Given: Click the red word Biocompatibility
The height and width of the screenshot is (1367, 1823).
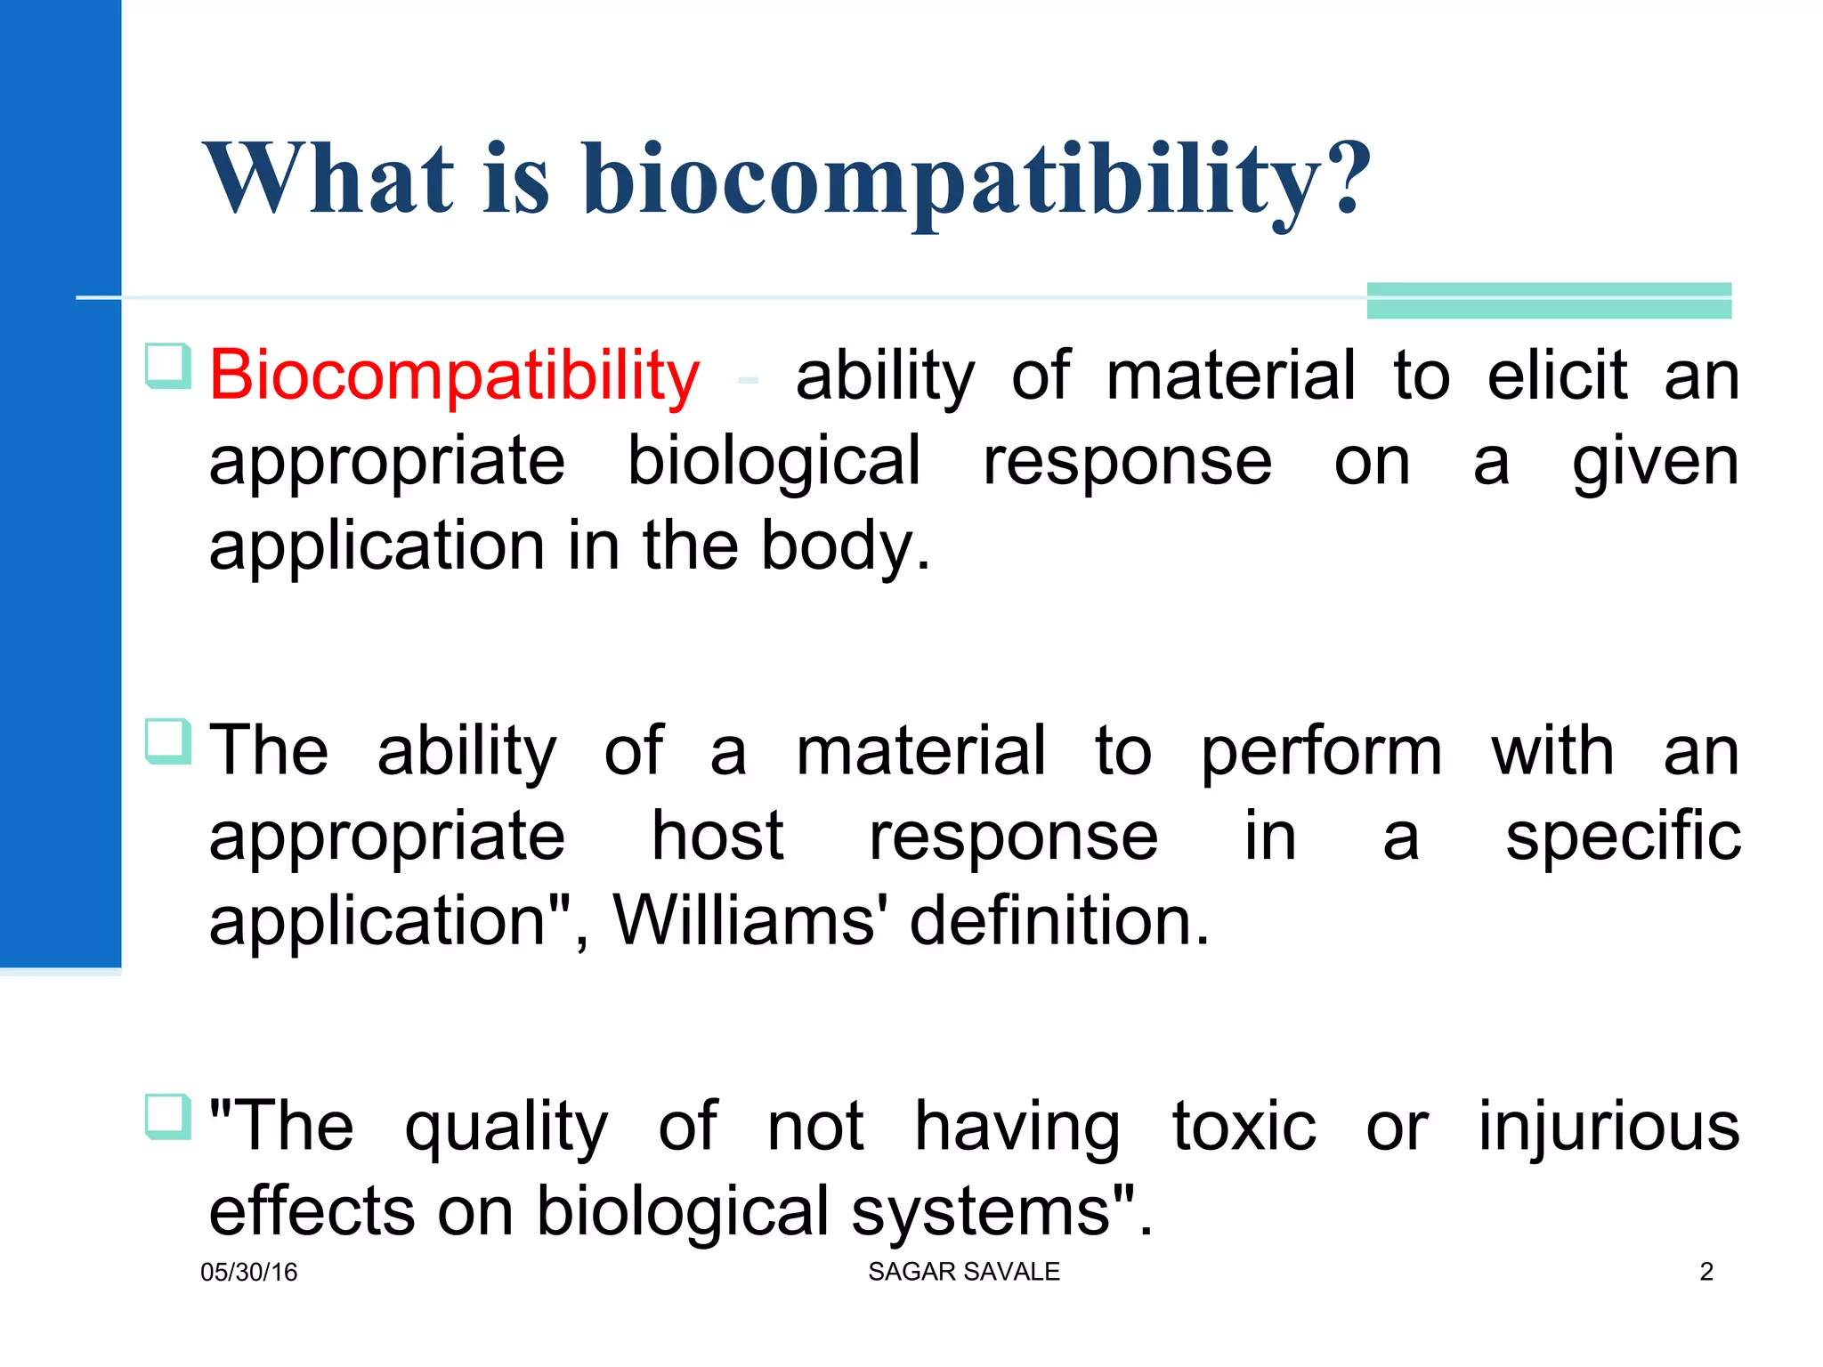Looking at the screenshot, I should click(454, 376).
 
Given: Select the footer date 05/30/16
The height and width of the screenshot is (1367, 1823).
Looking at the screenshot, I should click(248, 1272).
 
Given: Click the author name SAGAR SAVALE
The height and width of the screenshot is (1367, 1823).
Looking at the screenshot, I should click(963, 1271).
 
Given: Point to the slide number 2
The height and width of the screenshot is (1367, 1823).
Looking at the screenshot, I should click(1706, 1271).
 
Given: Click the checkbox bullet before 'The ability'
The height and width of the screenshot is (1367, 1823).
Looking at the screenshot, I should click(167, 741).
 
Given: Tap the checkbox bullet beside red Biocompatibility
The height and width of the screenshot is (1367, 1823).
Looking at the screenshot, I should click(167, 366).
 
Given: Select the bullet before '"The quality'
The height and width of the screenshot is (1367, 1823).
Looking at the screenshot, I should click(167, 1117).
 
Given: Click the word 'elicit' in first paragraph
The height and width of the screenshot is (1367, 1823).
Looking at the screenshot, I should click(1557, 376).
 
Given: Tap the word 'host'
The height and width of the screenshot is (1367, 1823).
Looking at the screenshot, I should click(717, 837).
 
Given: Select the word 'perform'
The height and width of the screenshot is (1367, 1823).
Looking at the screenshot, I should click(1321, 753).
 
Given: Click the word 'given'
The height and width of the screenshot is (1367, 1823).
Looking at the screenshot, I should click(1655, 463).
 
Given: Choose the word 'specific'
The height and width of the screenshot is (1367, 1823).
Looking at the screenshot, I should click(1623, 837).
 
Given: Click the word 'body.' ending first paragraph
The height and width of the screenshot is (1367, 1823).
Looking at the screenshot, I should click(845, 546).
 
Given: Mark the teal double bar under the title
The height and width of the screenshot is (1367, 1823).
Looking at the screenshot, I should click(1549, 301).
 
